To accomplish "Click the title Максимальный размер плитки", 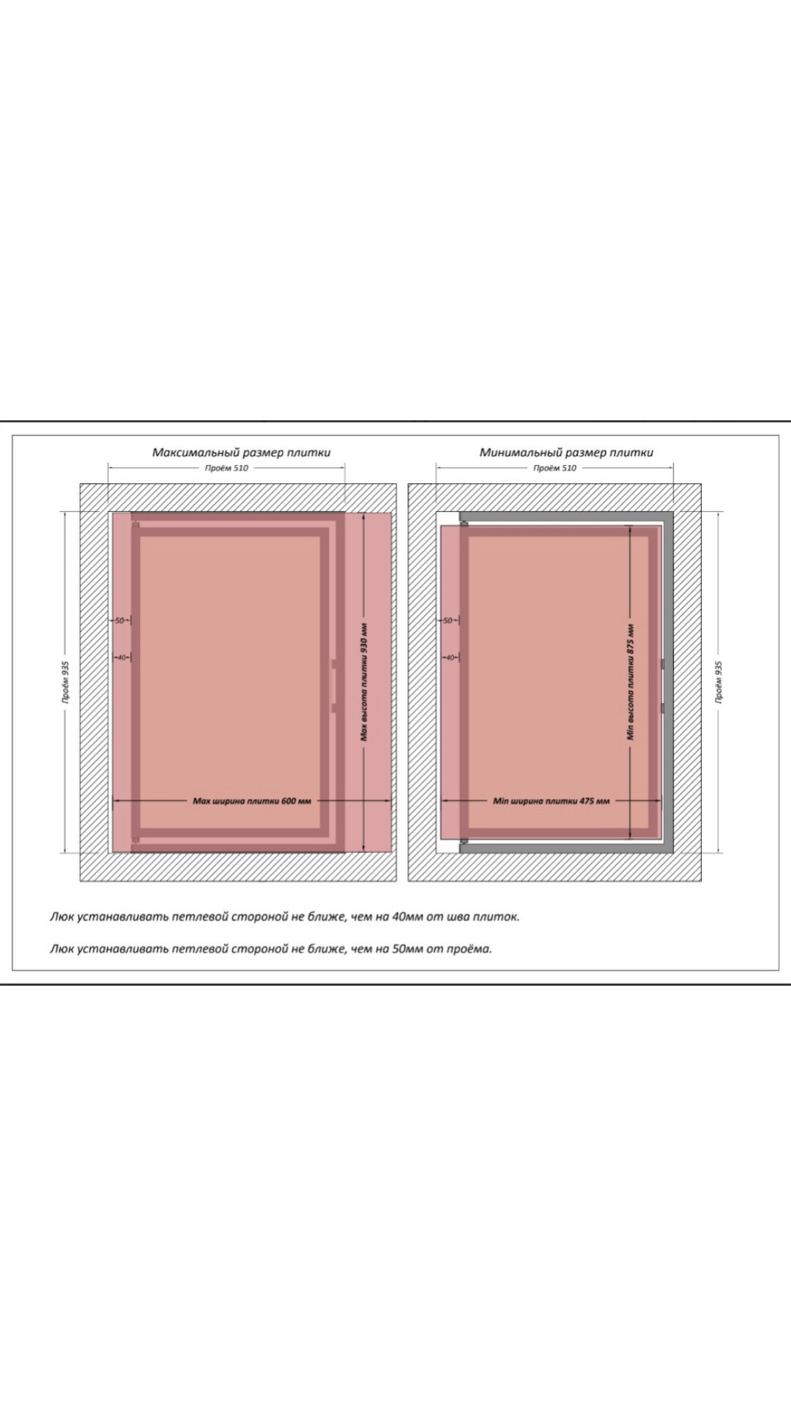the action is [241, 453].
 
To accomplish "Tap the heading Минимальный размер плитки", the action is [566, 453].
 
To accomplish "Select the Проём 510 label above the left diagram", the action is [226, 468].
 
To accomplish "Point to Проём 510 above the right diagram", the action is [554, 468].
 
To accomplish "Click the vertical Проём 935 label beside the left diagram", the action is [66, 682].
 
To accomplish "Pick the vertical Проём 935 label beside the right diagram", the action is [718, 682].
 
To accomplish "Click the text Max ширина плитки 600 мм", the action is [252, 801].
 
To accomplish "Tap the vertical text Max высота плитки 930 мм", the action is [364, 682].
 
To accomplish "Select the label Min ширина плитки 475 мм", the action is [552, 801].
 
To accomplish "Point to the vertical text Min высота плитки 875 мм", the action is [631, 682].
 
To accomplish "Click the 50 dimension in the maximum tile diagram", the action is [120, 621].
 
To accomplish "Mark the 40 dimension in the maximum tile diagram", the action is [122, 657].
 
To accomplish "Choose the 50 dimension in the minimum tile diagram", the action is [448, 621].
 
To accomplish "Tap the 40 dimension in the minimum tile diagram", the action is [450, 657].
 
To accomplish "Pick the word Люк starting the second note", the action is [62, 949].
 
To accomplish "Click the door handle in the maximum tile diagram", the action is [334, 685].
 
